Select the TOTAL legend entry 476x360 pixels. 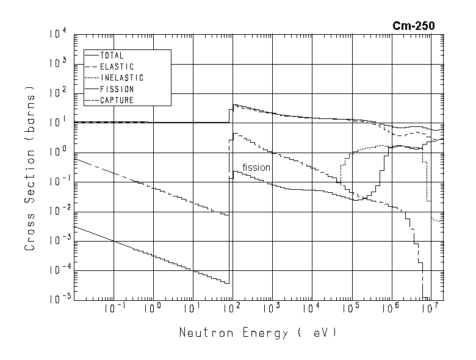(x=112, y=56)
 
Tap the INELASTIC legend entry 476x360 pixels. (x=121, y=78)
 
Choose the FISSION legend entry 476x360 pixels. (x=117, y=89)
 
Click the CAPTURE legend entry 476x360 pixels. (x=117, y=100)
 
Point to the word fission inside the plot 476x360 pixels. (x=256, y=167)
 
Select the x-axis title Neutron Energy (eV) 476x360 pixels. (x=258, y=334)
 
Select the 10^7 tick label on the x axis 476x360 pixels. (x=430, y=309)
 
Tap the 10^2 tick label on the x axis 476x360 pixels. (x=232, y=309)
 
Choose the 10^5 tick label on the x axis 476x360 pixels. (x=351, y=309)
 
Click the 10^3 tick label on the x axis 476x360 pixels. (x=272, y=309)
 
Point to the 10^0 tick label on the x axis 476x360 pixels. (x=153, y=309)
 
